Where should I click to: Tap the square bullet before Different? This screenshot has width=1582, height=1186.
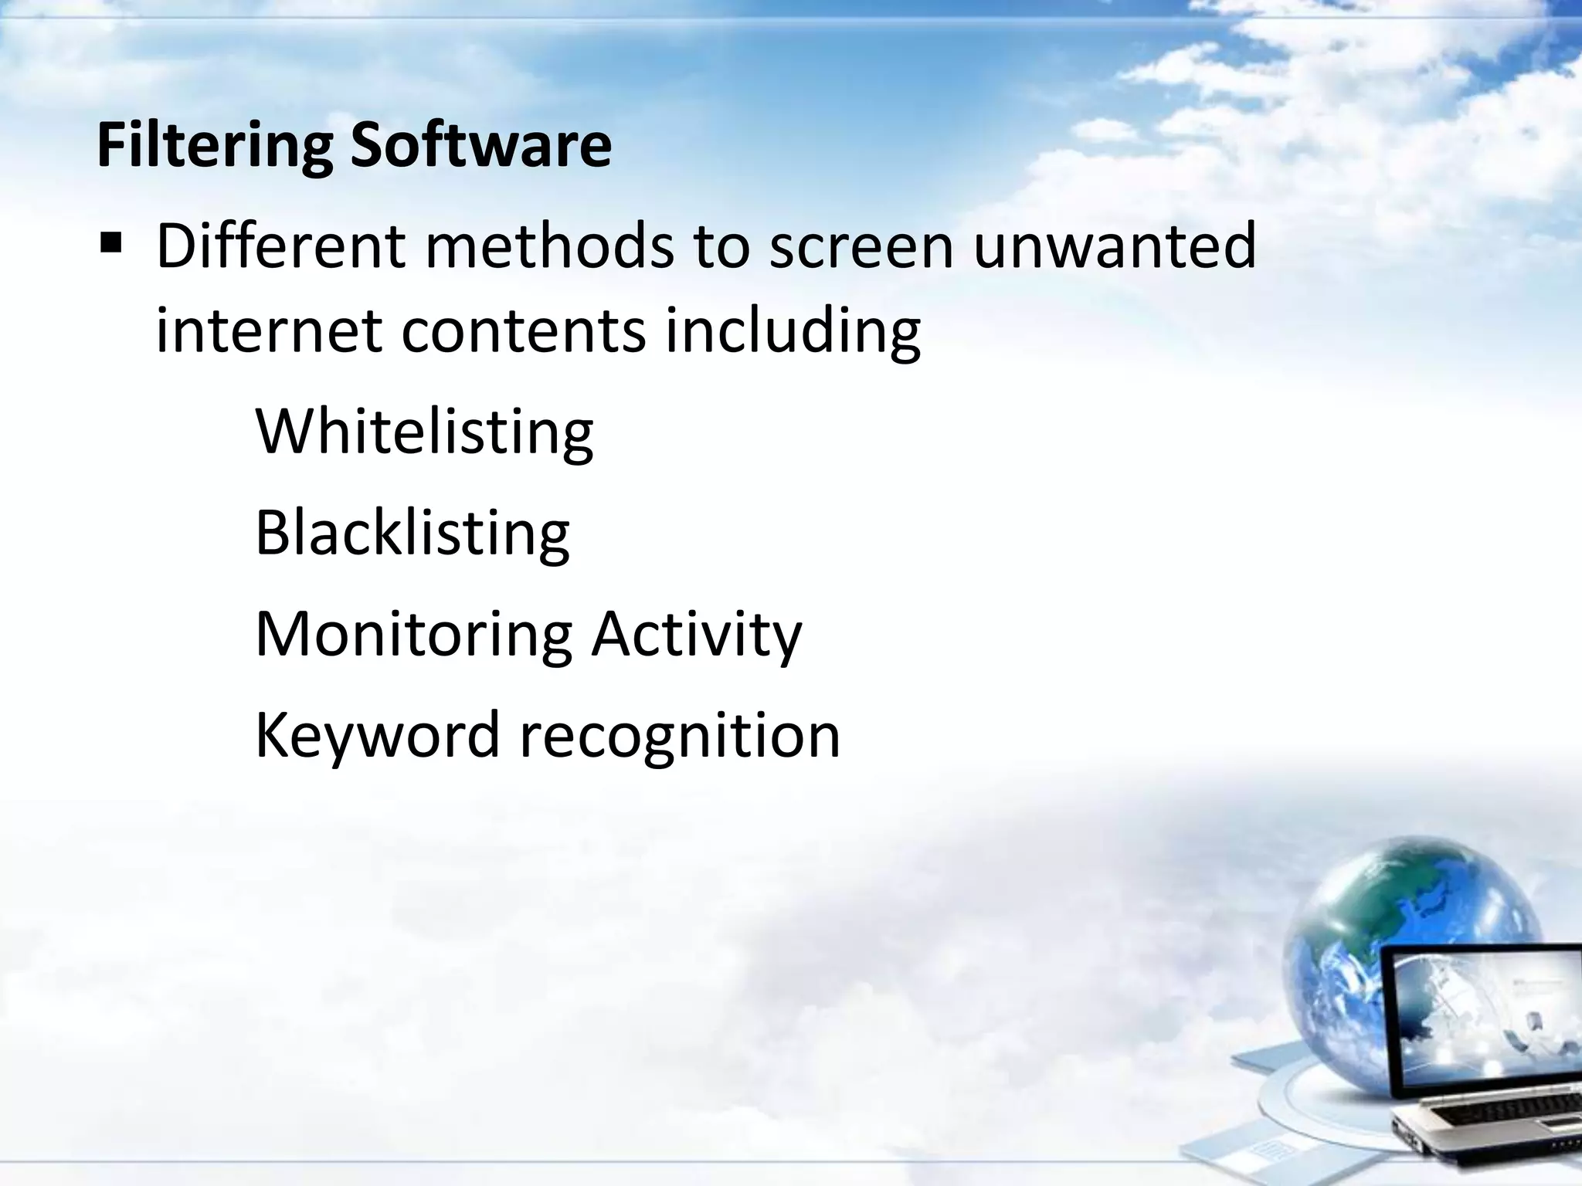tap(111, 246)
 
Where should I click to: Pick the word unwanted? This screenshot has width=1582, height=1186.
tap(1115, 246)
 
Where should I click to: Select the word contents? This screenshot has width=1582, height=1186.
tap(523, 330)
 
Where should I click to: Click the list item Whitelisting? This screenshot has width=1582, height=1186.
tap(424, 432)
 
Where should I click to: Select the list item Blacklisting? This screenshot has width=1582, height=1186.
tap(412, 533)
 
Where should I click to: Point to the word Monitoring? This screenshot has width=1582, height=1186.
tap(413, 635)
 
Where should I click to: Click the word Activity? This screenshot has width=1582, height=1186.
tap(697, 635)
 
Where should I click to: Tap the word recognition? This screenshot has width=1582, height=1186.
tap(680, 735)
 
